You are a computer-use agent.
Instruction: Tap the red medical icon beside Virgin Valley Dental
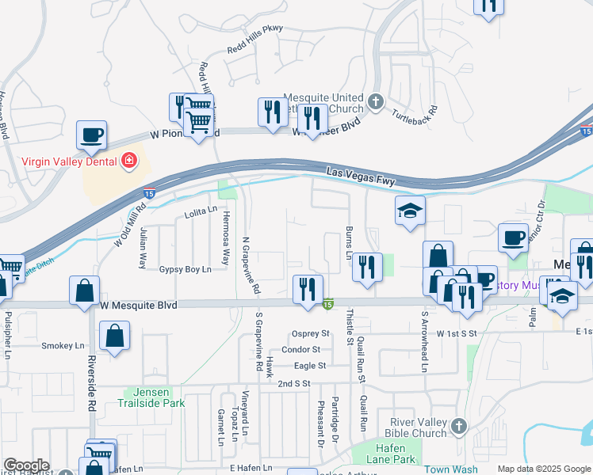pos(128,162)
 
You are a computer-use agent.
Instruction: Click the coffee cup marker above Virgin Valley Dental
pos(91,135)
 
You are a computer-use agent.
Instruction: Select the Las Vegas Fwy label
pos(361,176)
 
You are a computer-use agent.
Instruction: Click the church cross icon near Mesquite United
pos(376,102)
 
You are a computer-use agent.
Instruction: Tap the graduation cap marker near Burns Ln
pos(410,211)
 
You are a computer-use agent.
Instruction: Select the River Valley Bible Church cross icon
pos(458,427)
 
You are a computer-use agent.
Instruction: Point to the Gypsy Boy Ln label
pos(185,270)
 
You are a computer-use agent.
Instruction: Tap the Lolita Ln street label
pos(201,211)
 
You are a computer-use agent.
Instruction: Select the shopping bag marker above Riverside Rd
pos(84,291)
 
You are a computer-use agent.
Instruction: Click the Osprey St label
pos(311,333)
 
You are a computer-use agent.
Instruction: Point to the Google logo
pos(26,465)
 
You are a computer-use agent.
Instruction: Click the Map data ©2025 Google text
pos(543,469)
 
